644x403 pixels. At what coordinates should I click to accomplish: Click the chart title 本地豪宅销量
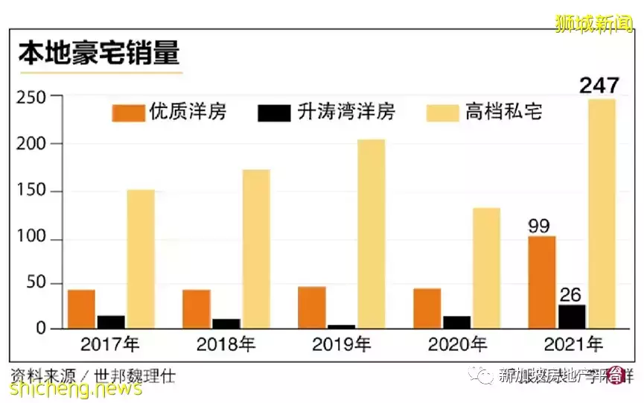click(x=99, y=57)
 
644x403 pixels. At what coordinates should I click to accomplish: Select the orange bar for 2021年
click(x=542, y=282)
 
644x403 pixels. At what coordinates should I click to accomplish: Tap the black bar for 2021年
click(x=572, y=316)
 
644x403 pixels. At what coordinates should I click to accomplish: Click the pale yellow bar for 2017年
click(x=141, y=258)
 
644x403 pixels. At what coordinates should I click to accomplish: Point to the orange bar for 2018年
click(x=197, y=308)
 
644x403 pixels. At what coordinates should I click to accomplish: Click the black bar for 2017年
click(x=111, y=321)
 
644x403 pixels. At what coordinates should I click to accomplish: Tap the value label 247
click(x=600, y=86)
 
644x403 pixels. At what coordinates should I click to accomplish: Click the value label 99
click(x=540, y=226)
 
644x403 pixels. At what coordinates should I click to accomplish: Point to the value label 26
click(x=572, y=293)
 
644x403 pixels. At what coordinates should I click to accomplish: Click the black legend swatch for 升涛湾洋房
click(x=273, y=113)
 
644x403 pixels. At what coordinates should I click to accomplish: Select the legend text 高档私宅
click(x=503, y=112)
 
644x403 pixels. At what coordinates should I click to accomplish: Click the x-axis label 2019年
click(x=341, y=345)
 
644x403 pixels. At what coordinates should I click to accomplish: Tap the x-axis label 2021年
click(x=572, y=345)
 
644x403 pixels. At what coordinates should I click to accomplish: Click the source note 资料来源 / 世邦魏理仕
click(x=93, y=375)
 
